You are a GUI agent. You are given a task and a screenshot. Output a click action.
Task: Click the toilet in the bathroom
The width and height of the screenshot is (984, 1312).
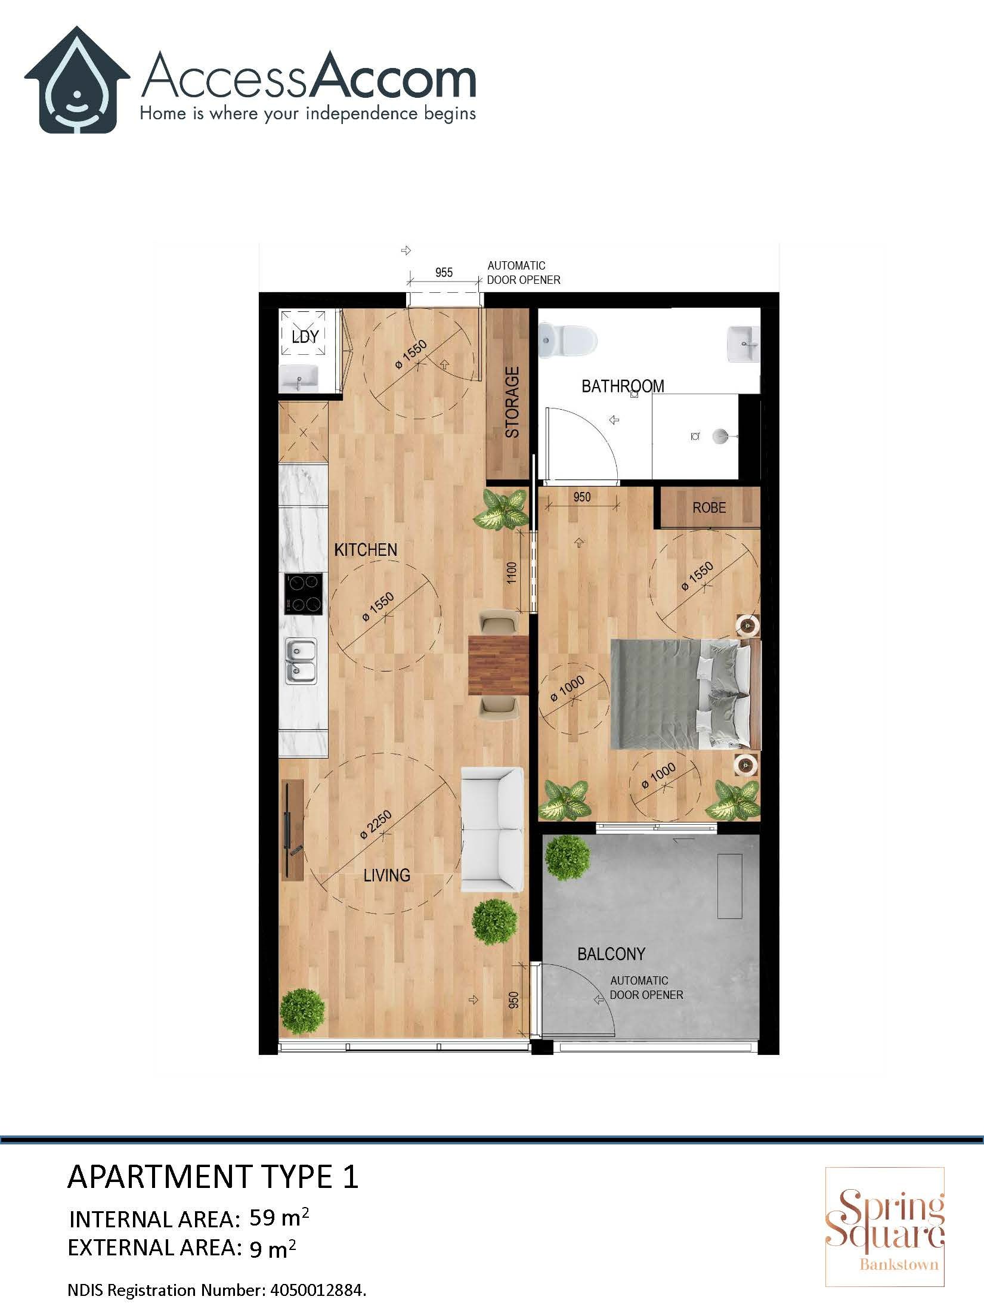coord(567,341)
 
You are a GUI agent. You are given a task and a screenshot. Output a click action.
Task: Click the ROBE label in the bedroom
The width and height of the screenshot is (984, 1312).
coord(709,508)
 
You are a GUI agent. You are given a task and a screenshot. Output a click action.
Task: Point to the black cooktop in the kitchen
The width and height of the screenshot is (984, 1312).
coord(304,594)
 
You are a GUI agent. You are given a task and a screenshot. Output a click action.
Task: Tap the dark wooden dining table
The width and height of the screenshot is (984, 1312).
coord(499,666)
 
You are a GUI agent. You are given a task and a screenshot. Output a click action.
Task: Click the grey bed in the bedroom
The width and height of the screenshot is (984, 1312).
coord(680,694)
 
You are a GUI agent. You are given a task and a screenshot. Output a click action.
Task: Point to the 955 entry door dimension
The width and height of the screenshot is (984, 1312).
coord(444,273)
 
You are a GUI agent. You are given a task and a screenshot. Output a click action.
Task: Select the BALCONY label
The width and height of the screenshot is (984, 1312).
coord(611,954)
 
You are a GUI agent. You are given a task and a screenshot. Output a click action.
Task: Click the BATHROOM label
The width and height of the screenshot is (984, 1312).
coord(623,386)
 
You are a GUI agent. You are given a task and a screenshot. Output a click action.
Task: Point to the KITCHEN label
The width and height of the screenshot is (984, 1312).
coord(366,550)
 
